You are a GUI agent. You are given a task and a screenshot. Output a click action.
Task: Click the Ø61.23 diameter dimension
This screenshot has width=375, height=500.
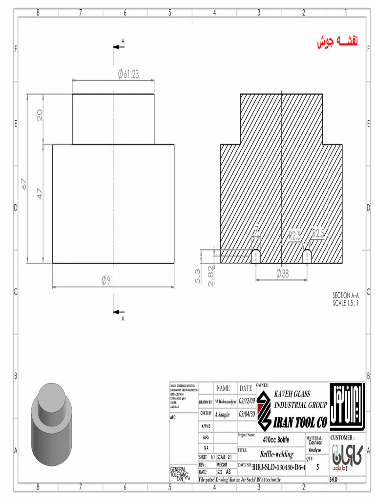pyautogui.click(x=128, y=74)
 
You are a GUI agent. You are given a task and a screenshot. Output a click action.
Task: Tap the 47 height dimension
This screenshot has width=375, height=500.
pyautogui.click(x=40, y=193)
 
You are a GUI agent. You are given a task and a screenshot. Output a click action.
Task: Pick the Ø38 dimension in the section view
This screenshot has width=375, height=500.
pyautogui.click(x=282, y=273)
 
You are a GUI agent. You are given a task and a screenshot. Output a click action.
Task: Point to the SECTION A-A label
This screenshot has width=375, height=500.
pyautogui.click(x=346, y=295)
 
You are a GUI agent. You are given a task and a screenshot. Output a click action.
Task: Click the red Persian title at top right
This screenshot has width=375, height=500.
pyautogui.click(x=337, y=42)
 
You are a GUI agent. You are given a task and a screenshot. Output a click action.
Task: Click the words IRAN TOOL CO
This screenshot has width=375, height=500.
pyautogui.click(x=300, y=422)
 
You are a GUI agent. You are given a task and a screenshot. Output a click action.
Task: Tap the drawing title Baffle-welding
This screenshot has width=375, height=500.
pyautogui.click(x=277, y=454)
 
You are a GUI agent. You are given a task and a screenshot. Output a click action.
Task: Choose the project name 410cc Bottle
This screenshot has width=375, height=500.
pyautogui.click(x=276, y=440)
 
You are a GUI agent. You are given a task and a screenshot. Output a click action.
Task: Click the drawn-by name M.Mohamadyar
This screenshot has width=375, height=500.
pyautogui.click(x=225, y=401)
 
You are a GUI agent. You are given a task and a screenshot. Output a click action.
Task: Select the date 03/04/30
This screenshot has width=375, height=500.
pyautogui.click(x=247, y=414)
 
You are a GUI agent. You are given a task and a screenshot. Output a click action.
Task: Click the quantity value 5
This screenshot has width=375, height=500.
pyautogui.click(x=318, y=467)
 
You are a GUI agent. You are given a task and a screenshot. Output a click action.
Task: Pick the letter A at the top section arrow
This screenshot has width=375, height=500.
pyautogui.click(x=123, y=42)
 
